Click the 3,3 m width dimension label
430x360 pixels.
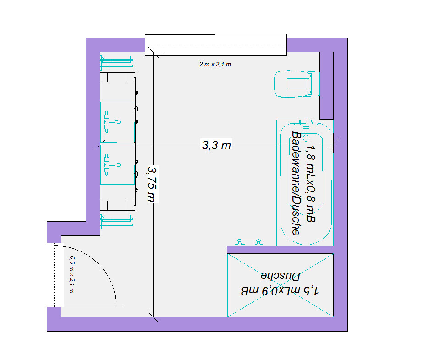pyautogui.click(x=216, y=145)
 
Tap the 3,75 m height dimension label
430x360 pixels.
pyautogui.click(x=152, y=184)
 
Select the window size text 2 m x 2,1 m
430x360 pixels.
pyautogui.click(x=215, y=65)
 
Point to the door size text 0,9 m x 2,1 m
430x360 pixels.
pyautogui.click(x=72, y=275)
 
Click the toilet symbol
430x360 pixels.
pyautogui.click(x=297, y=84)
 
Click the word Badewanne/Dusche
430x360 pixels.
pyautogui.click(x=297, y=183)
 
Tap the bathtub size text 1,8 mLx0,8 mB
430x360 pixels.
pyautogui.click(x=311, y=183)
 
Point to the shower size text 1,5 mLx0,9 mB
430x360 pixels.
pyautogui.click(x=280, y=290)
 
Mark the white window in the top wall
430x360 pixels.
pyautogui.click(x=215, y=45)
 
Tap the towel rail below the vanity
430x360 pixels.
pyautogui.click(x=116, y=221)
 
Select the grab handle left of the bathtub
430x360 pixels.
pyautogui.click(x=249, y=242)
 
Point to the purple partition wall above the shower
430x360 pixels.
pyautogui.click(x=280, y=250)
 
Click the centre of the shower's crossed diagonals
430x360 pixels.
pyautogui.click(x=281, y=285)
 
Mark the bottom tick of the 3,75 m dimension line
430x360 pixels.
pyautogui.click(x=153, y=316)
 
